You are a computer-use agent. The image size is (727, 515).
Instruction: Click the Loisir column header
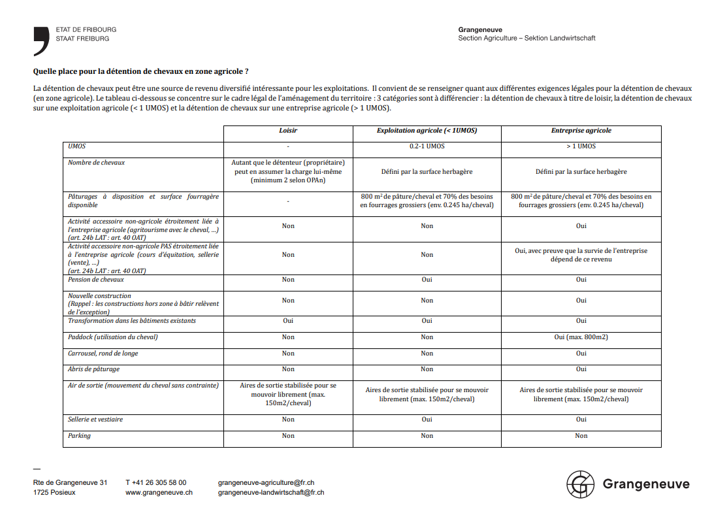[288, 131]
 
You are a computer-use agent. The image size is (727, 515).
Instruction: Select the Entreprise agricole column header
[581, 131]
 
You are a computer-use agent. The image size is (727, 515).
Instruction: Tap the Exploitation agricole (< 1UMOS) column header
[427, 131]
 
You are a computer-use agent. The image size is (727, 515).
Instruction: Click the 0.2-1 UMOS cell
[427, 146]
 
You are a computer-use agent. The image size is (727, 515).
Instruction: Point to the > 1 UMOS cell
[581, 146]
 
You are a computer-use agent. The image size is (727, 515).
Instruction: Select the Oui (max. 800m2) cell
[581, 337]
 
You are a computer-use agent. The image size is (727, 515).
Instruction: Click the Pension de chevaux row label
[96, 280]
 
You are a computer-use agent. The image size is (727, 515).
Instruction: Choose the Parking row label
[80, 436]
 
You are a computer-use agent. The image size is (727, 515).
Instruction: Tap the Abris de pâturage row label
[94, 369]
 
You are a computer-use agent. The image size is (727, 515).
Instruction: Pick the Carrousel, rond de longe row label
[103, 354]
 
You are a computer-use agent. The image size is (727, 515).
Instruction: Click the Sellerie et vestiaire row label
[95, 420]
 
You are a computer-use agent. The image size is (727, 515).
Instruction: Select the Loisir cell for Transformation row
[288, 321]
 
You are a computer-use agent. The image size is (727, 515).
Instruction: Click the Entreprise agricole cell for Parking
[581, 436]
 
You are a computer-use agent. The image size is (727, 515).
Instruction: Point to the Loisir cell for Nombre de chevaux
[288, 171]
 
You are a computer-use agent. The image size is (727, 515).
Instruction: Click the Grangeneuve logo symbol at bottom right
[580, 484]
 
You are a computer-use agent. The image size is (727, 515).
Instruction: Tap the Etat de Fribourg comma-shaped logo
[41, 41]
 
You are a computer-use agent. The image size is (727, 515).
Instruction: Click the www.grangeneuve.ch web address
[159, 493]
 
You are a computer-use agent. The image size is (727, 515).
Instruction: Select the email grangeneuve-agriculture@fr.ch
[267, 482]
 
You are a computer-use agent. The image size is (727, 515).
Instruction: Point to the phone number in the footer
[155, 482]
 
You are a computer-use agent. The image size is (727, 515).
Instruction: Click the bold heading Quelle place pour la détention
[140, 71]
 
